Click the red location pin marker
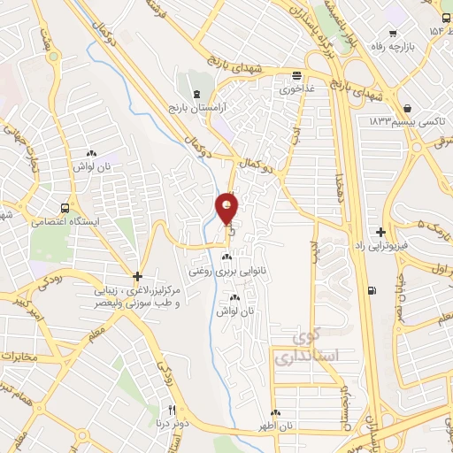[227, 209]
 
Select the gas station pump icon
[372, 290]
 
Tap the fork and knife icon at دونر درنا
[173, 410]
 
